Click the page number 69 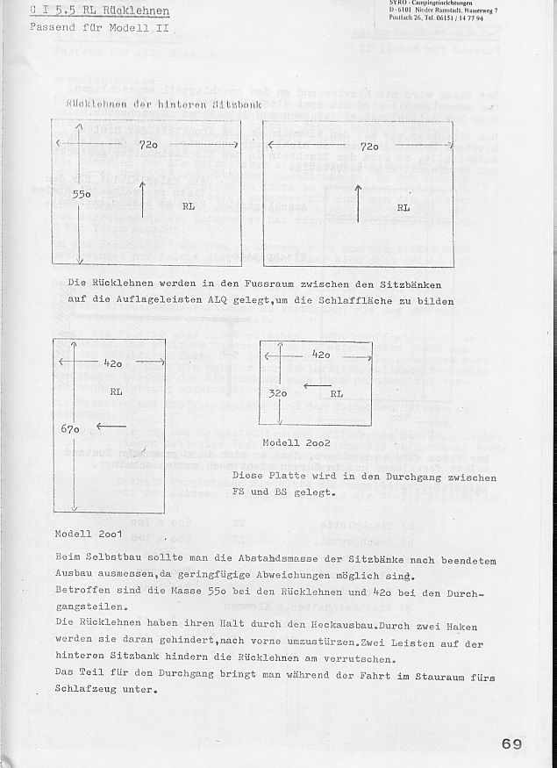click(513, 744)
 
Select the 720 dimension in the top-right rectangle click(368, 145)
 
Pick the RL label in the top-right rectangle click(403, 208)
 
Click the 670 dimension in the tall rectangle click(71, 429)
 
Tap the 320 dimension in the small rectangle click(278, 394)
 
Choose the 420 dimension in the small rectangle click(321, 355)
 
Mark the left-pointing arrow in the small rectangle click(313, 385)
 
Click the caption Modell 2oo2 click(296, 443)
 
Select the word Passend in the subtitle click(52, 27)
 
